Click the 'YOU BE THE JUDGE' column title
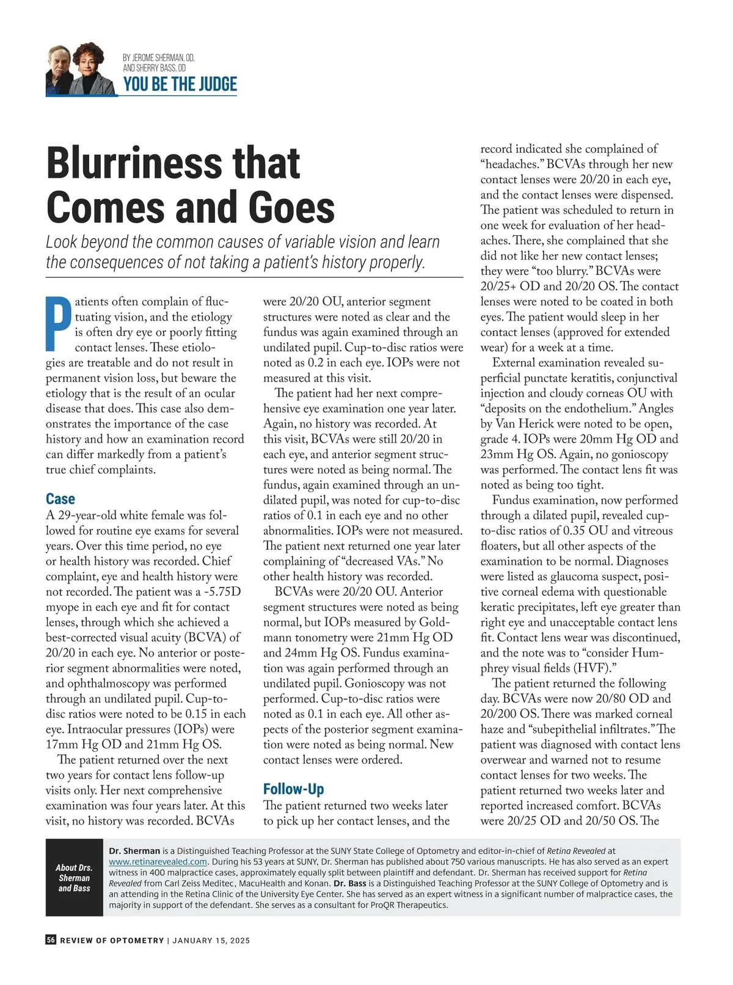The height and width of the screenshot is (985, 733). pos(180,84)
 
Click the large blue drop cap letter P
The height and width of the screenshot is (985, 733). pos(59,324)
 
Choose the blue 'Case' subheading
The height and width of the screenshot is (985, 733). pos(60,499)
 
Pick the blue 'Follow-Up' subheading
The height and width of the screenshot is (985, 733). pos(293,789)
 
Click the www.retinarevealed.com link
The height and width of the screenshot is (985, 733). pos(158,862)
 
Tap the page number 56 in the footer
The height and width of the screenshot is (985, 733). pos(51,940)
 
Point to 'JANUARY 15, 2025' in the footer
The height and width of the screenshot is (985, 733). pos(211,940)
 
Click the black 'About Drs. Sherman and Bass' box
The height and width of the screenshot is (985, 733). pos(74,878)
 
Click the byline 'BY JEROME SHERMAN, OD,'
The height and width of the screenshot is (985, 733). pos(158,58)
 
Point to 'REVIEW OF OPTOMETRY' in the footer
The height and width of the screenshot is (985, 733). pos(112,940)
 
